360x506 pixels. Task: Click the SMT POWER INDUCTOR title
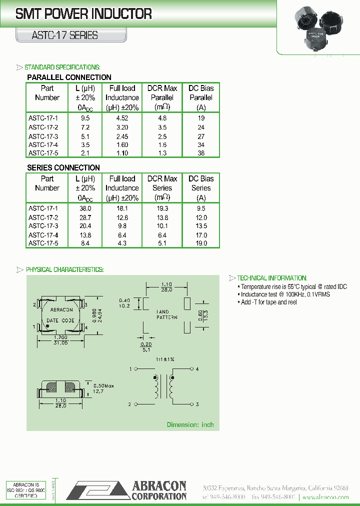83,14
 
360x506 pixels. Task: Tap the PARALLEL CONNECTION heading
69,77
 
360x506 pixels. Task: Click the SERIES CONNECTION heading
63,167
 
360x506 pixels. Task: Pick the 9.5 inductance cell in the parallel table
85,118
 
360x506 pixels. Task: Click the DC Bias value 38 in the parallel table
201,153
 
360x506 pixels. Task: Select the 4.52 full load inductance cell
122,118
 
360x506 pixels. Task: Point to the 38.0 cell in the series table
85,208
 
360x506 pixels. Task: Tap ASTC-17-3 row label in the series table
43,226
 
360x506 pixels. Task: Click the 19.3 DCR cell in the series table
162,208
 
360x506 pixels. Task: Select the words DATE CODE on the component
60,320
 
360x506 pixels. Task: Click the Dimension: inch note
190,424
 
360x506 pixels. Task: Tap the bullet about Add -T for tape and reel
268,302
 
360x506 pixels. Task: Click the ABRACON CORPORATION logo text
159,490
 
